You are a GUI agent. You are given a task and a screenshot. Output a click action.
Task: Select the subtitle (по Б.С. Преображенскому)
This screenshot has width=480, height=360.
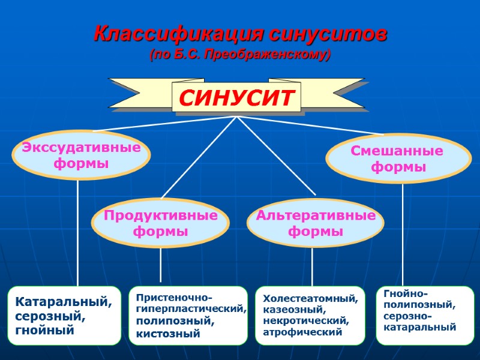point(239,55)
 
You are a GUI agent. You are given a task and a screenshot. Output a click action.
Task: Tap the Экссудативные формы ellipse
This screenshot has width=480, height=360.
point(81,155)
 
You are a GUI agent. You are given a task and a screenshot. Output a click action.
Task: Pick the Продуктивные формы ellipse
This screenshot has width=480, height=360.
point(160,223)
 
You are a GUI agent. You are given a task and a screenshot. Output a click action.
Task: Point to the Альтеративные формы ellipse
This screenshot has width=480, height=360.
point(316,223)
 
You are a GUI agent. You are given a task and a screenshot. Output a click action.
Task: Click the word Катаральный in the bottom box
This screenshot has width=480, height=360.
point(63,302)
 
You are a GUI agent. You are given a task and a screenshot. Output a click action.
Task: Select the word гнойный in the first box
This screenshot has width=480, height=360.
point(45,329)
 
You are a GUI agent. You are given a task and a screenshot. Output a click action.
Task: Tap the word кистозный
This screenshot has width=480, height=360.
point(168,333)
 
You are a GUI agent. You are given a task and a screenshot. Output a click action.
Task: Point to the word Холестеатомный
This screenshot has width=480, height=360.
point(310,298)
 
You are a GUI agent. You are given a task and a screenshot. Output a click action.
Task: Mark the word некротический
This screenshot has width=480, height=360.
point(305,320)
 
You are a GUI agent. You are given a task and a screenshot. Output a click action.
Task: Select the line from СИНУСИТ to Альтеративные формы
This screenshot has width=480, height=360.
point(276,156)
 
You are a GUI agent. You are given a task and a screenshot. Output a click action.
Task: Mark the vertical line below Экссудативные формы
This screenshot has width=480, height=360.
point(78,234)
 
